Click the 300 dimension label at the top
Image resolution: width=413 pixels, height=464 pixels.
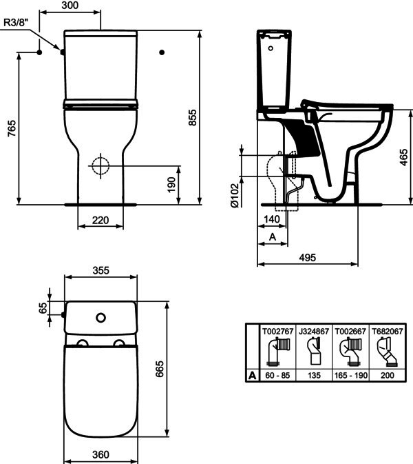[70, 5]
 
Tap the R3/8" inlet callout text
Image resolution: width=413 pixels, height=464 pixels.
[16, 22]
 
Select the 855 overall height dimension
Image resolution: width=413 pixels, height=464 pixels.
[192, 117]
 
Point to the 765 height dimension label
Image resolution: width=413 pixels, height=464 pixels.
[12, 128]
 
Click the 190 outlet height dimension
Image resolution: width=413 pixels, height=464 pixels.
[171, 185]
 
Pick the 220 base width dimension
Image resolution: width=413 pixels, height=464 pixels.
[100, 220]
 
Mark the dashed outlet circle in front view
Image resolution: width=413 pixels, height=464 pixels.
[100, 165]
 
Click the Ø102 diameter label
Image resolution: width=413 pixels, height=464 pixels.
[234, 196]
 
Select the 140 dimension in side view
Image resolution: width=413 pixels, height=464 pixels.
[271, 219]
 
